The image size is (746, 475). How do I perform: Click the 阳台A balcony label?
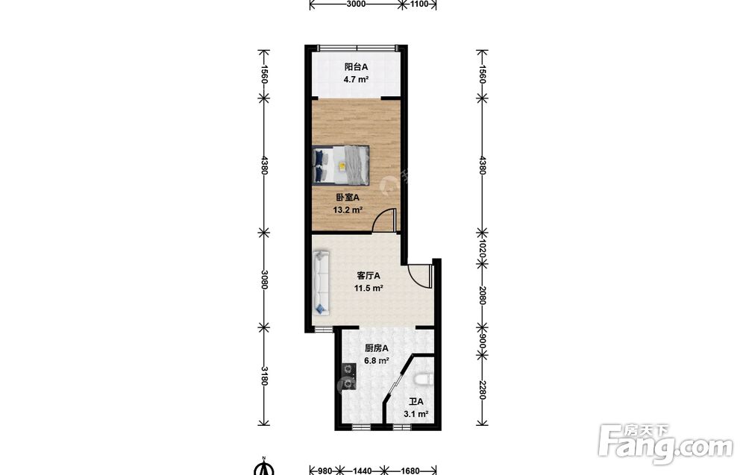[356, 67]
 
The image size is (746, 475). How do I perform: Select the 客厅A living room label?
[369, 276]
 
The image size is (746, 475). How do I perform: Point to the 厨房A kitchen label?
[376, 348]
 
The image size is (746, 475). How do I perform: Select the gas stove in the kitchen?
[348, 377]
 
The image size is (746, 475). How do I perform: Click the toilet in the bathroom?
[424, 380]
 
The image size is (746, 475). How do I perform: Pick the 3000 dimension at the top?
[356, 4]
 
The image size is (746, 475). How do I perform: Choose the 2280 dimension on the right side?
[481, 391]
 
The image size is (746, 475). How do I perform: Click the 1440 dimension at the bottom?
[362, 471]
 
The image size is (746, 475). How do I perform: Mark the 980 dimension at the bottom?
[325, 471]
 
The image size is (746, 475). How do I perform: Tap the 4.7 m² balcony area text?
[356, 79]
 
